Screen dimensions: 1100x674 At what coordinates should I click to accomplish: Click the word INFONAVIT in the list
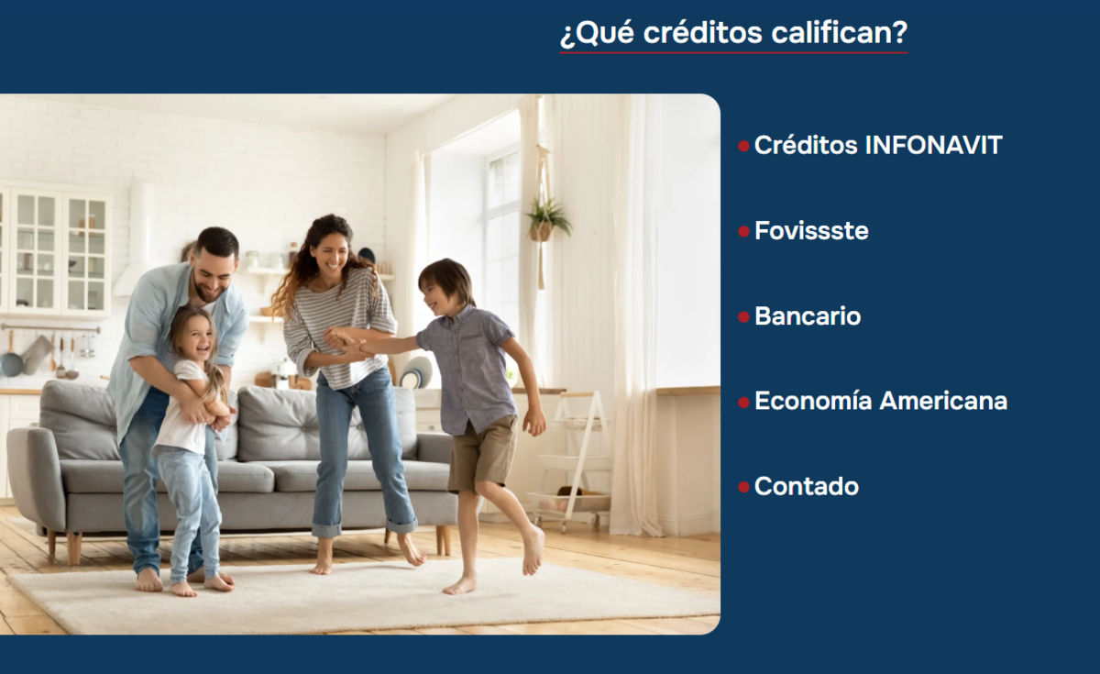[x=933, y=146]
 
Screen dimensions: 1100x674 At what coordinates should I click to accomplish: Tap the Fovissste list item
[x=811, y=231]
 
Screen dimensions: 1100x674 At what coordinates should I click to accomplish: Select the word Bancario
[x=808, y=315]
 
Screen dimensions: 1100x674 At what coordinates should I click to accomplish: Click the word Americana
[x=943, y=401]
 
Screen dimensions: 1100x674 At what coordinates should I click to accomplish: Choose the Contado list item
[x=807, y=486]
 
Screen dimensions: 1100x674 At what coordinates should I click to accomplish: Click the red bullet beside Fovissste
[x=743, y=231]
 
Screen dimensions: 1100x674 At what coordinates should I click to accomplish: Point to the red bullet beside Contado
[x=743, y=487]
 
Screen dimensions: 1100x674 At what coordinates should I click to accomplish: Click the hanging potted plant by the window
[x=545, y=222]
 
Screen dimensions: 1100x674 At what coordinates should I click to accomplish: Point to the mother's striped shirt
[x=338, y=329]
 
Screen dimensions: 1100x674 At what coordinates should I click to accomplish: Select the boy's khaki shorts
[x=482, y=454]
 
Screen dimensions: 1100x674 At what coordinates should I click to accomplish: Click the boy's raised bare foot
[x=533, y=551]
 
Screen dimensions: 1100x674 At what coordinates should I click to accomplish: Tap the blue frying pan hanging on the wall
[x=11, y=360]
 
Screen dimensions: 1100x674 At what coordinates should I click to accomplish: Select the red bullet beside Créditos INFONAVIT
[x=743, y=146]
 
